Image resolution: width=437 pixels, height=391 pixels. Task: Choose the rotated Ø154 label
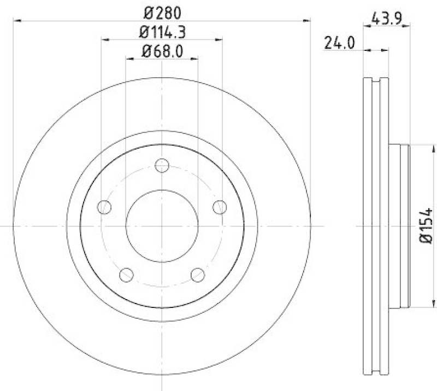(x=426, y=225)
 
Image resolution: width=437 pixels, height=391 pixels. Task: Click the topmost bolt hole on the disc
(x=162, y=165)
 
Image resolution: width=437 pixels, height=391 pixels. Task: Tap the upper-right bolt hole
(x=220, y=207)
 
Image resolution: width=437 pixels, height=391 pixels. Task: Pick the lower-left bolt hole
(x=126, y=275)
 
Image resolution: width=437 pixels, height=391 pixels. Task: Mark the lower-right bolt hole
(x=197, y=275)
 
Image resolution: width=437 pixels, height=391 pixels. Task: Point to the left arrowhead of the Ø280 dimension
(x=16, y=21)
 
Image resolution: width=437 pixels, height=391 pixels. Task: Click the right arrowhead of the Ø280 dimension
(x=307, y=21)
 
